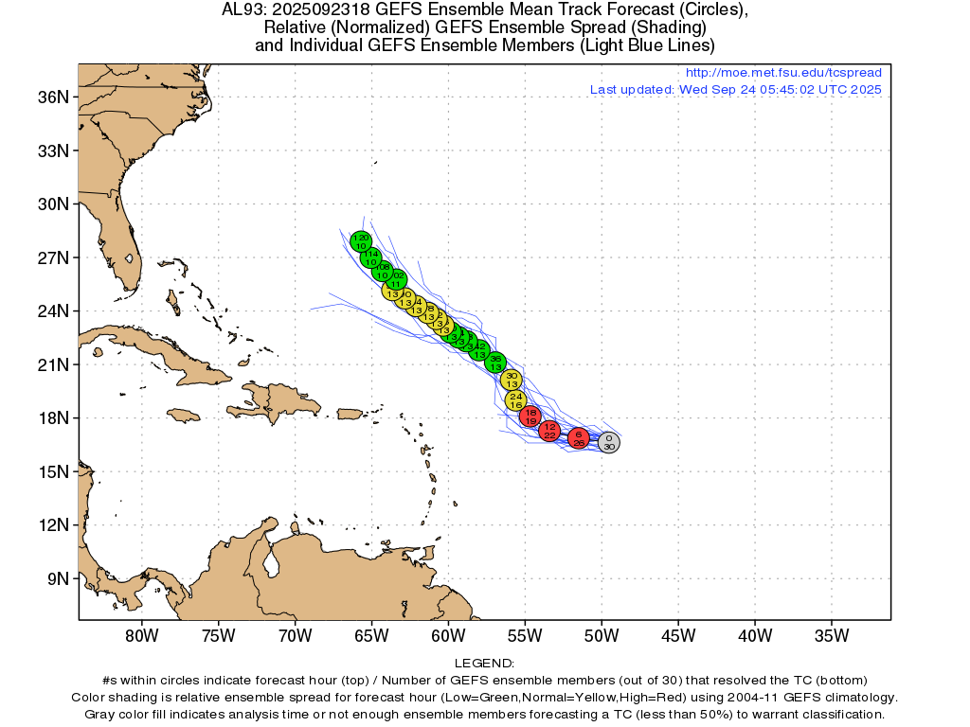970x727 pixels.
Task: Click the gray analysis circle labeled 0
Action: [609, 442]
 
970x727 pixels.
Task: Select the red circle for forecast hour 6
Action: [579, 437]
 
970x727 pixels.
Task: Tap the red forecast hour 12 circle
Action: [549, 431]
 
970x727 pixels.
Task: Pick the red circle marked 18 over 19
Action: [531, 417]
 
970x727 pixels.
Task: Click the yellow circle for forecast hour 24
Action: [516, 399]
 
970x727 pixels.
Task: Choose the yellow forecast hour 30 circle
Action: [512, 380]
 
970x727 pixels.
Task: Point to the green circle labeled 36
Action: [495, 363]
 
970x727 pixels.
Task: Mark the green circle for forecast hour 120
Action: [361, 241]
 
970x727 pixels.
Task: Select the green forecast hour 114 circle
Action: [371, 257]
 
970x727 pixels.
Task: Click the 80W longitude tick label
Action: [141, 635]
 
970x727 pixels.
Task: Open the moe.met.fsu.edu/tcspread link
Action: [782, 73]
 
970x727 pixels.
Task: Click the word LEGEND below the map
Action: [484, 664]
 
